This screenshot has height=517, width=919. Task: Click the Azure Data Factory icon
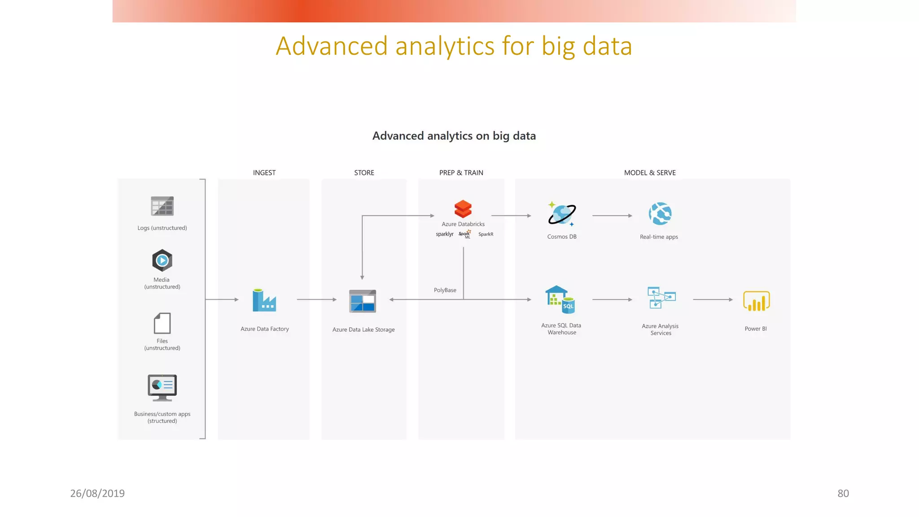[x=264, y=300]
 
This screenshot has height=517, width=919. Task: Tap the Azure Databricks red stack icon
[x=463, y=209]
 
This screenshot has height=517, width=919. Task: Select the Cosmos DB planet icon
[x=562, y=214]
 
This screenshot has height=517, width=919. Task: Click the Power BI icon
[x=756, y=301]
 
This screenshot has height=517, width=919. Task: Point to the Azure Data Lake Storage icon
[x=363, y=301]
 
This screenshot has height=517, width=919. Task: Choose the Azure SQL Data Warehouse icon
[x=560, y=300]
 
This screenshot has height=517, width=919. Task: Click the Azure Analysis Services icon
[x=661, y=298]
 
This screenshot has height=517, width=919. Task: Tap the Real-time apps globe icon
[x=660, y=214]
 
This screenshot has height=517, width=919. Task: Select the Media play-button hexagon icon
[x=162, y=260]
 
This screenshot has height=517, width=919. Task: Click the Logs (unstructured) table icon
[x=162, y=206]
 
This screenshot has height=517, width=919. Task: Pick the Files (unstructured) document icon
[x=162, y=323]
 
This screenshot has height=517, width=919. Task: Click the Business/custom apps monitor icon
[x=162, y=387]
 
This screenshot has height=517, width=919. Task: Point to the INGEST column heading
[x=264, y=173]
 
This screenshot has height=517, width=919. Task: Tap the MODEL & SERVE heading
[x=650, y=173]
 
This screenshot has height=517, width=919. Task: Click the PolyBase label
[x=445, y=290]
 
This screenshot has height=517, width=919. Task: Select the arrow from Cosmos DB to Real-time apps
[x=612, y=216]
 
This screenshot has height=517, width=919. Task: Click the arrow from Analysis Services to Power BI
[x=713, y=299]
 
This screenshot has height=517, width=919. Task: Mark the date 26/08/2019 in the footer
[x=97, y=493]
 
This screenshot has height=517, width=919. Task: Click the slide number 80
[x=843, y=493]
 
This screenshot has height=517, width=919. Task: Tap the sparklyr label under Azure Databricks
[x=445, y=234]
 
